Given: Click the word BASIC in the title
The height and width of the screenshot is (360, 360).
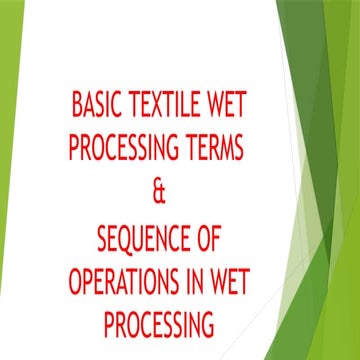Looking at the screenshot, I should (101, 104).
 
